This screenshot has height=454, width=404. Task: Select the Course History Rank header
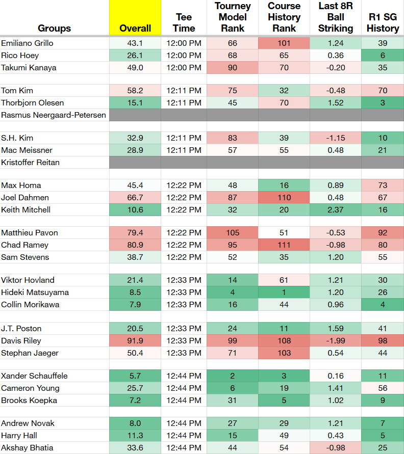tap(284, 17)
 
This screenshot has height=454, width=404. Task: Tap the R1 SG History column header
tap(383, 22)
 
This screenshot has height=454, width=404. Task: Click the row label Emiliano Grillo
tap(27, 43)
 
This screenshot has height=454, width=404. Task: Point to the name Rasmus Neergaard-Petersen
tap(54, 115)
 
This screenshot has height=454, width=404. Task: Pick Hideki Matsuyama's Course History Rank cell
tap(284, 292)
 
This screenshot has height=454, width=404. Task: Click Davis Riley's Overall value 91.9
tap(135, 341)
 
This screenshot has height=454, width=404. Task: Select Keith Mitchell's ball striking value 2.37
tap(336, 210)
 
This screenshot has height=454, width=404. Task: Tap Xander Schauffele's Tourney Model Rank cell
tap(233, 376)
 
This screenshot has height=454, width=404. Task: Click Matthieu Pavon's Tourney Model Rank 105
tap(233, 233)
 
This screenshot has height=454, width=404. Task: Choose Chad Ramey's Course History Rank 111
tap(284, 245)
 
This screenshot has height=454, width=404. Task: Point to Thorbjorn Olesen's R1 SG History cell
tap(383, 103)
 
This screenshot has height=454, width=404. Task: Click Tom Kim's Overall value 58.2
tap(135, 91)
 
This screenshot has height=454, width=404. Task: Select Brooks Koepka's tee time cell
tap(184, 400)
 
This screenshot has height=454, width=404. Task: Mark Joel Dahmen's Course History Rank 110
tap(284, 198)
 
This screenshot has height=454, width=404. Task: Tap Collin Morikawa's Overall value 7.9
tap(135, 305)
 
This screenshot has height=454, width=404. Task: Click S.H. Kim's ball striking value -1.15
tap(336, 138)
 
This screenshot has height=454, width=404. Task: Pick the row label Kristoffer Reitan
tap(31, 163)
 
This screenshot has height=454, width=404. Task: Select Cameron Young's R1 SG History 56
tap(383, 388)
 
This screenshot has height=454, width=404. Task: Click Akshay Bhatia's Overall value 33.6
tap(135, 448)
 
